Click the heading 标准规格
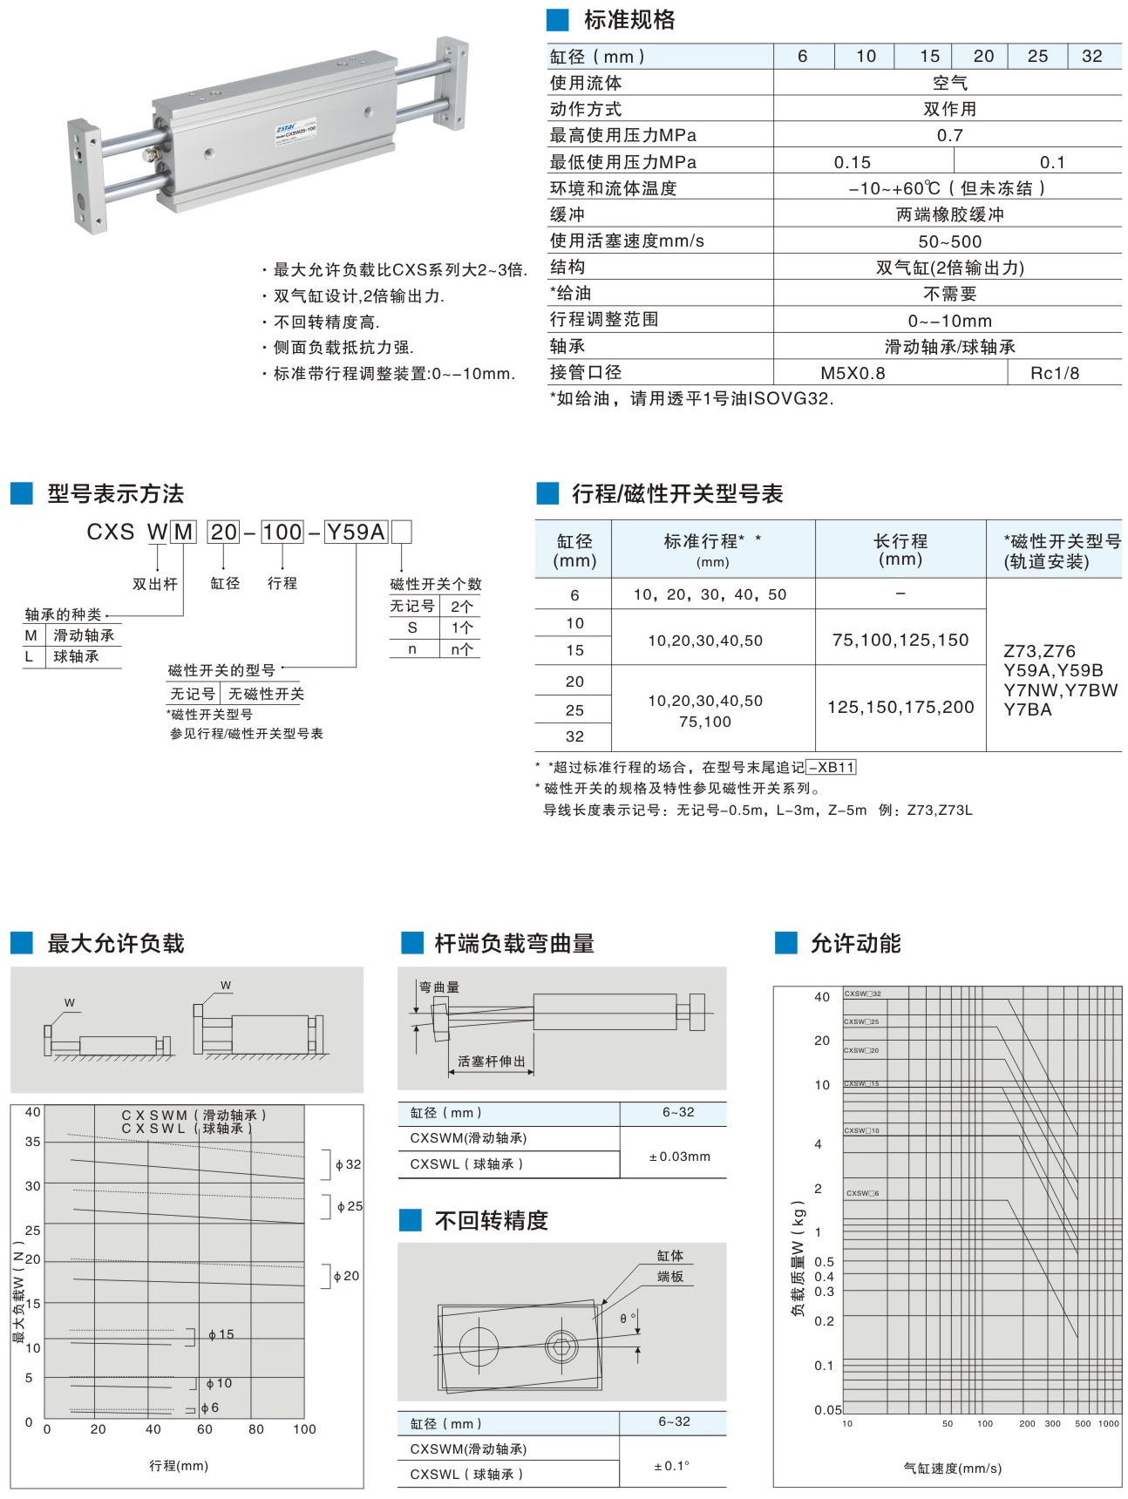629,20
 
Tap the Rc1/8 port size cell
1054,373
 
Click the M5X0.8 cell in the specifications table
853,373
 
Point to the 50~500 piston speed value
949,241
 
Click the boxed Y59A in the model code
356,532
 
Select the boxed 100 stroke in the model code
282,532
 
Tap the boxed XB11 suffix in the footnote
832,767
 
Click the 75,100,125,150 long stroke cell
900,640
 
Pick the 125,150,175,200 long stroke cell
900,707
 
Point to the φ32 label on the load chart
348,1164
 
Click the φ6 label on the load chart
209,1407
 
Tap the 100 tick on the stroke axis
304,1429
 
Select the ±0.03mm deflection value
679,1156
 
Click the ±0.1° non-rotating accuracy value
671,1466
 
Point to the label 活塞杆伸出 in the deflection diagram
492,1062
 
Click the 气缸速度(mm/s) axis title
952,1468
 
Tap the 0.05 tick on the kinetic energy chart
828,1410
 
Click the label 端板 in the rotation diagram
669,1277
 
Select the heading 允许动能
854,943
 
